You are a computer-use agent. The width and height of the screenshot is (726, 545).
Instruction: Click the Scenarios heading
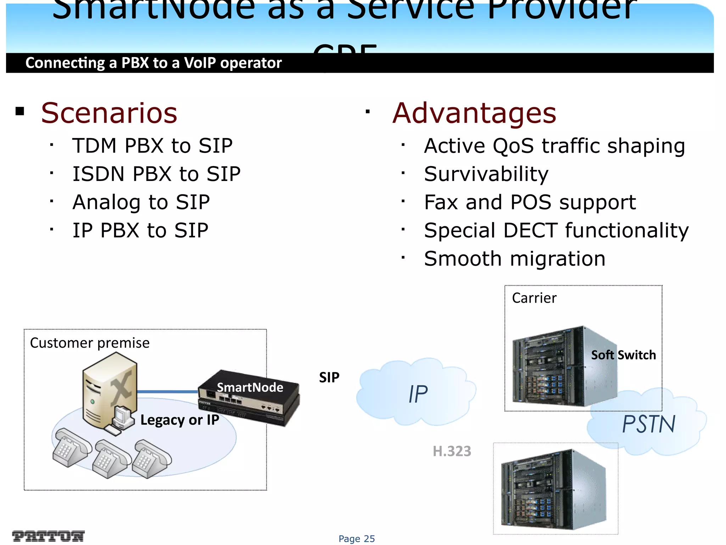pos(109,113)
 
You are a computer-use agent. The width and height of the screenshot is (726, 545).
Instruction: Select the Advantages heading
pos(474,113)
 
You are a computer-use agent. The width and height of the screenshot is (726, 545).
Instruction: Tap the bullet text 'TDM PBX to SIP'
pos(152,145)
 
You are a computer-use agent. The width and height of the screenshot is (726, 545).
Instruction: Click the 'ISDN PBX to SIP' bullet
pos(156,174)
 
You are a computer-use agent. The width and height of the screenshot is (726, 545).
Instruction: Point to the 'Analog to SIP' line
pos(141,202)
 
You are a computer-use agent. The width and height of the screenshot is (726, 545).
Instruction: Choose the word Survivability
pos(486,174)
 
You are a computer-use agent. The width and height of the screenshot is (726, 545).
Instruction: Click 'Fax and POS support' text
pos(530,202)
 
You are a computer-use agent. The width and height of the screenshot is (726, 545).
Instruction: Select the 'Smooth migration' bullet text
pos(515,259)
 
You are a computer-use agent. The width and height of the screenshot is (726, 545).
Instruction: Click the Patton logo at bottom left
pos(48,536)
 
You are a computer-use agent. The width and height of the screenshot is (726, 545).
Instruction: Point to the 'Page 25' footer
pos(357,539)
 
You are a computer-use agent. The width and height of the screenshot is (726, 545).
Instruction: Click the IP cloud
pos(417,394)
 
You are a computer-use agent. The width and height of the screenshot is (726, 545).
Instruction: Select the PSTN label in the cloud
pos(649,424)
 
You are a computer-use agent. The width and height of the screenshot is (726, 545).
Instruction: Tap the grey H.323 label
pos(452,451)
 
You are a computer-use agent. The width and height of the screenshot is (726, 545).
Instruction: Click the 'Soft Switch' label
pos(623,355)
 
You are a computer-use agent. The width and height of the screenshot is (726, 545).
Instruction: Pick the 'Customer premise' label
pos(90,343)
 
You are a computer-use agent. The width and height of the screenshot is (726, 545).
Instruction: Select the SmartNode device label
pos(250,387)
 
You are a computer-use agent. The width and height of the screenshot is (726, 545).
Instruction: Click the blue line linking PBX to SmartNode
pos(167,392)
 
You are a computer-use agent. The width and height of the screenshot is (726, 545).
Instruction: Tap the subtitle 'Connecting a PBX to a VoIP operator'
pos(153,63)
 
